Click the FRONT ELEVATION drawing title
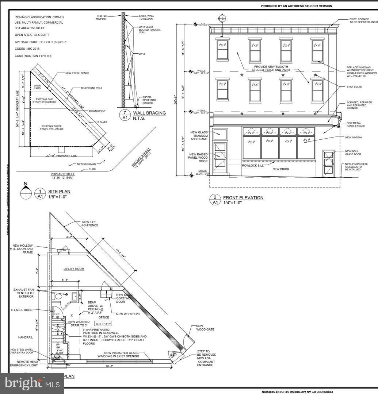click(243, 198)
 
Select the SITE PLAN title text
click(59, 192)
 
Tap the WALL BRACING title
click(149, 113)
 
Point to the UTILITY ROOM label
click(74, 269)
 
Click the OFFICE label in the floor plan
click(104, 317)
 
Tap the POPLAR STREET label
click(62, 174)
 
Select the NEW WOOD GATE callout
click(205, 328)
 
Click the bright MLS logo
click(32, 383)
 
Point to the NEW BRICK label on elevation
click(281, 169)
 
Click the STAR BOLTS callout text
click(354, 87)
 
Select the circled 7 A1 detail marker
click(125, 115)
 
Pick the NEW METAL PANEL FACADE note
click(356, 124)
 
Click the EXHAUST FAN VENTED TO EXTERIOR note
click(23, 293)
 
